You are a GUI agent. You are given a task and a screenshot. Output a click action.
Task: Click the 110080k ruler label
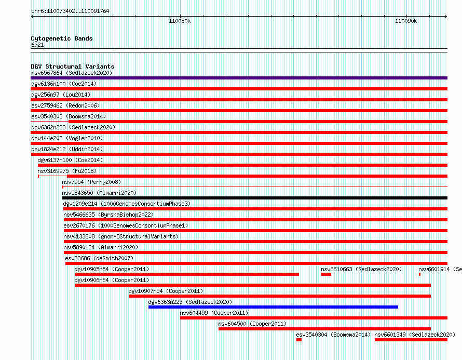pyautogui.click(x=180, y=21)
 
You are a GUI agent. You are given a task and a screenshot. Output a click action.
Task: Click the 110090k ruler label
pyautogui.click(x=406, y=21)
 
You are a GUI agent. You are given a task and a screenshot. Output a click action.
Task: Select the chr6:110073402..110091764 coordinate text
pyautogui.click(x=70, y=11)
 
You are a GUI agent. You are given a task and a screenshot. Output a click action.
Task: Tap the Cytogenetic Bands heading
pyautogui.click(x=62, y=38)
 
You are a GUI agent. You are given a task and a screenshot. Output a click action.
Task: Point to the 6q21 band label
pyautogui.click(x=37, y=45)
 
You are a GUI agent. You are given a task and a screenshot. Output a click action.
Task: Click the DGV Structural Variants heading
pyautogui.click(x=73, y=66)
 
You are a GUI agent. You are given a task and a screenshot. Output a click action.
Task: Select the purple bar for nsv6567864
pyautogui.click(x=239, y=78)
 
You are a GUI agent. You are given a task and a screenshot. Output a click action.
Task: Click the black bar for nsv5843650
pyautogui.click(x=255, y=198)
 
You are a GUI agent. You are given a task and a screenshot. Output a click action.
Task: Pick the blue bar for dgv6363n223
pyautogui.click(x=273, y=307)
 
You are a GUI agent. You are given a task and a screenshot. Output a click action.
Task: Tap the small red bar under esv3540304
pyautogui.click(x=299, y=340)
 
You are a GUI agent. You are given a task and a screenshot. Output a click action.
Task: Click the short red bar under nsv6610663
pyautogui.click(x=326, y=274)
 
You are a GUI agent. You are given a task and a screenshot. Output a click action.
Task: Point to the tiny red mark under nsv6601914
pyautogui.click(x=419, y=274)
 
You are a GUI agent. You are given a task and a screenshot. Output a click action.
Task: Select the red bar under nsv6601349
pyautogui.click(x=411, y=340)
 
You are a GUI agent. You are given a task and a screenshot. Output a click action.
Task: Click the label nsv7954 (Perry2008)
pyautogui.click(x=91, y=182)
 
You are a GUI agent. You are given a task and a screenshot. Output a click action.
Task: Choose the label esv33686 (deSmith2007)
pyautogui.click(x=99, y=258)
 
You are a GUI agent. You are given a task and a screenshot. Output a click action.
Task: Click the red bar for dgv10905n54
pyautogui.click(x=187, y=274)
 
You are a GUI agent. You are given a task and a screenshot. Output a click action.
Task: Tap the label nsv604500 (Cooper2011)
pyautogui.click(x=252, y=324)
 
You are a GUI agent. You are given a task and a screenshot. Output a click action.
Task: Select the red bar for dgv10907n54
pyautogui.click(x=280, y=296)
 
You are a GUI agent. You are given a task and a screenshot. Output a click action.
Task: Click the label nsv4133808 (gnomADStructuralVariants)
pyautogui.click(x=121, y=236)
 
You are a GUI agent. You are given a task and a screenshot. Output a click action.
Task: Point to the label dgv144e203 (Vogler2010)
pyautogui.click(x=67, y=138)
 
